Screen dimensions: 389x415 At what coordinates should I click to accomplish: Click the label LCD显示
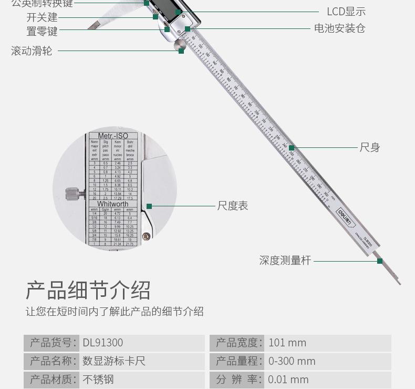click(346, 12)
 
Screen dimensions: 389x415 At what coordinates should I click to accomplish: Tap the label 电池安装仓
click(339, 28)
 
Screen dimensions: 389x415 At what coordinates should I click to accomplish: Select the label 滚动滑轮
click(32, 51)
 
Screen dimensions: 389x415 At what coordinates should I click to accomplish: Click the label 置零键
click(42, 31)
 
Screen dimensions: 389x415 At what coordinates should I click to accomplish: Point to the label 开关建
click(42, 17)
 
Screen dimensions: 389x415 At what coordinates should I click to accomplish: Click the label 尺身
click(369, 147)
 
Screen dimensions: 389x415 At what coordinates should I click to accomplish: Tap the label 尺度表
click(232, 206)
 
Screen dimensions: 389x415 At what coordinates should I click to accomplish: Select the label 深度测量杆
click(285, 260)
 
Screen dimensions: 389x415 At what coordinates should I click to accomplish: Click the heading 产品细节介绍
click(88, 290)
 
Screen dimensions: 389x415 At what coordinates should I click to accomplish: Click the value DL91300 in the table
click(103, 343)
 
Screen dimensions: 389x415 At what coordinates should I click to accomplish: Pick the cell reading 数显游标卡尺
click(114, 361)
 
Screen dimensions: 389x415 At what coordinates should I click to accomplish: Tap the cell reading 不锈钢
click(98, 379)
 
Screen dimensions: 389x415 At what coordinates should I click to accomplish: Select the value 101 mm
click(287, 343)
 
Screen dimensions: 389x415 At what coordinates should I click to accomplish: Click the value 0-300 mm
click(292, 361)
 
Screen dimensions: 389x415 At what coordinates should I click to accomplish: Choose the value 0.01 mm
click(288, 379)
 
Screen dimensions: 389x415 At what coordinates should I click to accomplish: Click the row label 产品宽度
click(238, 343)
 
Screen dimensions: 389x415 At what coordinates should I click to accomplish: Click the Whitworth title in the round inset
click(112, 204)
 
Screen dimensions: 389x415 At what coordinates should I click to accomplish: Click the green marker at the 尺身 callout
click(292, 148)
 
